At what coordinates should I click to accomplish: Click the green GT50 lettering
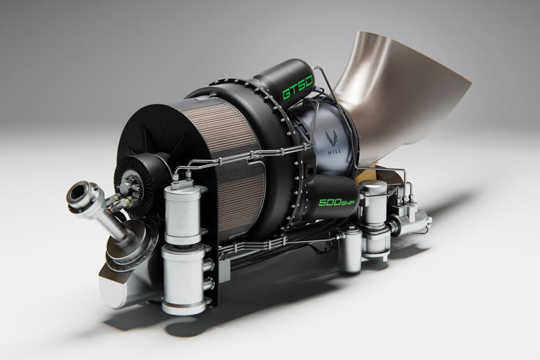point(297,88)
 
